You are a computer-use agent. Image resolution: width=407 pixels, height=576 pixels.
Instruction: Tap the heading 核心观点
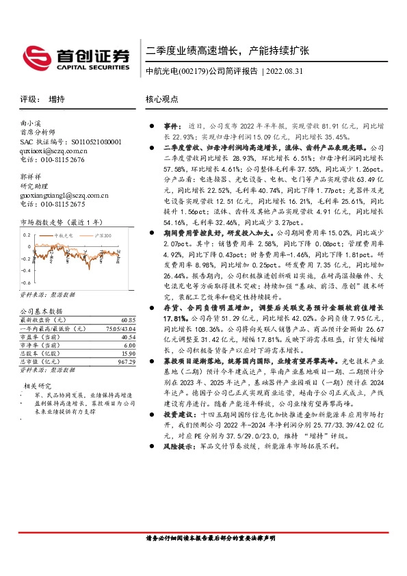(162, 99)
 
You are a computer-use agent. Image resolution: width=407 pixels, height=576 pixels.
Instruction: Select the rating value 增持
(57, 99)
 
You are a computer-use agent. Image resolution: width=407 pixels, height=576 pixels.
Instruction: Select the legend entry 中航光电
(63, 235)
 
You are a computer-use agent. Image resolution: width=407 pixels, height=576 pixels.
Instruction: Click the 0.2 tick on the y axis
(26, 235)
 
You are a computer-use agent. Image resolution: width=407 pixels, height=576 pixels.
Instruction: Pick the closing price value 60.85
(127, 320)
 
